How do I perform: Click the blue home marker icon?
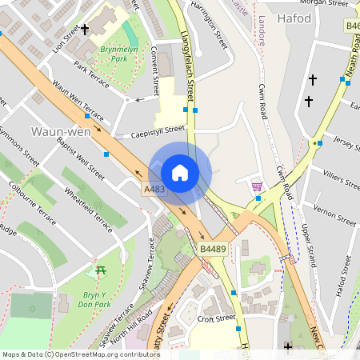(x=180, y=172)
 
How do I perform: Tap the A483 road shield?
(x=154, y=189)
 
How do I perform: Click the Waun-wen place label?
(x=55, y=130)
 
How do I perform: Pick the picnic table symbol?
(x=101, y=271)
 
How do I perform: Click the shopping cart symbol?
(x=257, y=186)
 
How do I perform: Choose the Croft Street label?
(x=216, y=318)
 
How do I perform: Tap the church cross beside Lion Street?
(x=85, y=29)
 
